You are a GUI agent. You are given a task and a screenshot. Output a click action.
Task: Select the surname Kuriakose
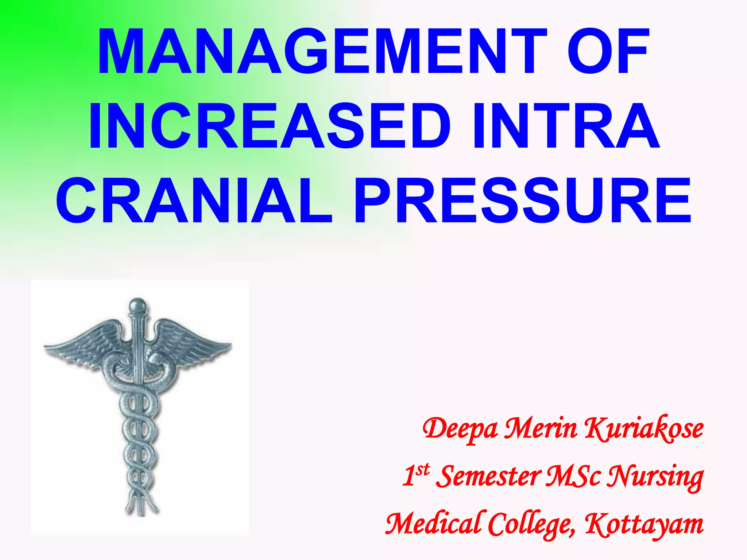click(x=643, y=429)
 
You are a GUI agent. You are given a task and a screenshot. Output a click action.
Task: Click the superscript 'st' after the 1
click(x=423, y=470)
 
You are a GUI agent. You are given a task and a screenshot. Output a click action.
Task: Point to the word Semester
click(x=489, y=477)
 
